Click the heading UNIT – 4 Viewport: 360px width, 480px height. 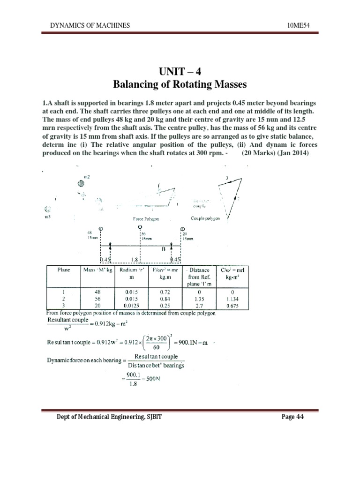coord(180,72)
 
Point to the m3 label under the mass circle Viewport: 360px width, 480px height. coord(46,218)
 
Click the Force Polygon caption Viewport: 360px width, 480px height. coord(148,219)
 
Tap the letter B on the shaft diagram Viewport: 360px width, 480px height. coord(164,250)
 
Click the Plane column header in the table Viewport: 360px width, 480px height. coord(64,270)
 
